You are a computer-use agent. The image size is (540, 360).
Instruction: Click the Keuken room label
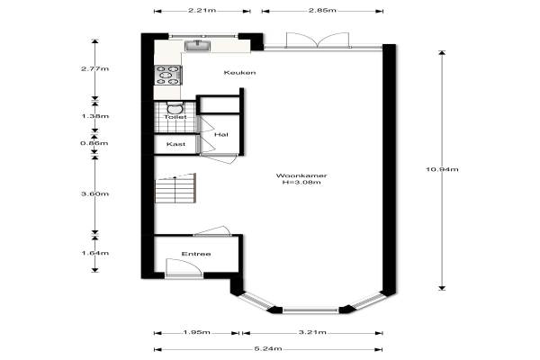[239, 72]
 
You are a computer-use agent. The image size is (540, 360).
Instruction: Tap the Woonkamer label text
[301, 175]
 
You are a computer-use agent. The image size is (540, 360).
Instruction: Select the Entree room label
[196, 254]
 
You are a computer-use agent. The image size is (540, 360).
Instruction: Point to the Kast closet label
[175, 144]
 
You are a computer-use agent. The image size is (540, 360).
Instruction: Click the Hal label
[221, 134]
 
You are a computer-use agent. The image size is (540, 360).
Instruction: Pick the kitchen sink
[197, 46]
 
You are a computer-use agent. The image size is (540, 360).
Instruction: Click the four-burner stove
[167, 75]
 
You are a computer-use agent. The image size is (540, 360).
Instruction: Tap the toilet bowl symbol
[175, 108]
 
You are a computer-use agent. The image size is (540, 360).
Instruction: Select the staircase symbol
[175, 188]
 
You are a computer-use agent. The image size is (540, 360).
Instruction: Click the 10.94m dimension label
[442, 169]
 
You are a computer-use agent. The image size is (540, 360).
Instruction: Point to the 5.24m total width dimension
[268, 348]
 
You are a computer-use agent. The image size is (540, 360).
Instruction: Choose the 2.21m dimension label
[202, 10]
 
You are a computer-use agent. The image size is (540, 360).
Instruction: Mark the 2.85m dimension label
[322, 10]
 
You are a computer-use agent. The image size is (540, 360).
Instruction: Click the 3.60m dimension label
[94, 193]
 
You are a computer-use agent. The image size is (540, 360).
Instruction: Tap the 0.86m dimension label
[94, 143]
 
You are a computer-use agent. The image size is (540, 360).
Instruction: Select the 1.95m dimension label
[196, 332]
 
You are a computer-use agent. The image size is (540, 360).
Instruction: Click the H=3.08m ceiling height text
[301, 182]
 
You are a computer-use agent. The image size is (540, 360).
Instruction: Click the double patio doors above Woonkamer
[319, 40]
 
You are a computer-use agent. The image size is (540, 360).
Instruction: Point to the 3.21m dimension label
[312, 332]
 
